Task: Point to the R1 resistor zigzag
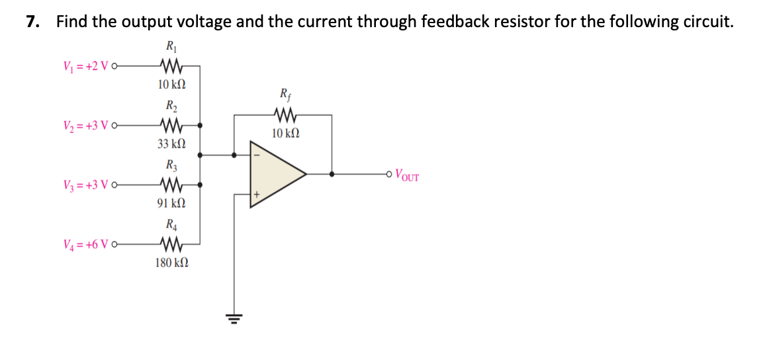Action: [171, 66]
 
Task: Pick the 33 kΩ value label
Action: [171, 143]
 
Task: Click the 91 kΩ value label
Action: [171, 203]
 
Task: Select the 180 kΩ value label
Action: [171, 263]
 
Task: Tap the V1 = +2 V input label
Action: [86, 66]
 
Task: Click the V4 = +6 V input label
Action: [86, 245]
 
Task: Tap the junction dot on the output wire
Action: [332, 175]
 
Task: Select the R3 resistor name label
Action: [171, 165]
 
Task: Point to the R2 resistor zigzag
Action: [171, 125]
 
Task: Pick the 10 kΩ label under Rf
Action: [285, 134]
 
